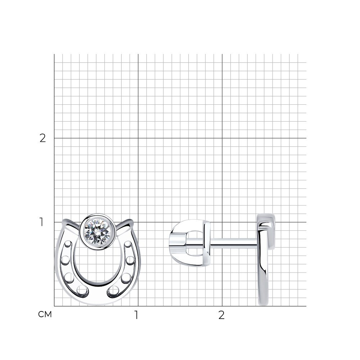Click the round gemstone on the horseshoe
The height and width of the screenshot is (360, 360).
(x=97, y=231)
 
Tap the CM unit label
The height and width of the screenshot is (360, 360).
(x=45, y=314)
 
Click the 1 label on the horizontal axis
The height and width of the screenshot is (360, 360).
(x=136, y=315)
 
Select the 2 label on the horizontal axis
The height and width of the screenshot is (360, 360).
(x=221, y=315)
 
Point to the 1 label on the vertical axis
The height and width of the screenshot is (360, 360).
(x=41, y=222)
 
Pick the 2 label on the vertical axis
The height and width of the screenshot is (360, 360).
(x=43, y=138)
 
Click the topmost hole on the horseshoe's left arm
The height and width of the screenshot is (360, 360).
(x=68, y=244)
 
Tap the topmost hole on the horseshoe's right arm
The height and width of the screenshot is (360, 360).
(x=128, y=245)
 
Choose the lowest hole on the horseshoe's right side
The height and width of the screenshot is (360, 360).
(x=113, y=291)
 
